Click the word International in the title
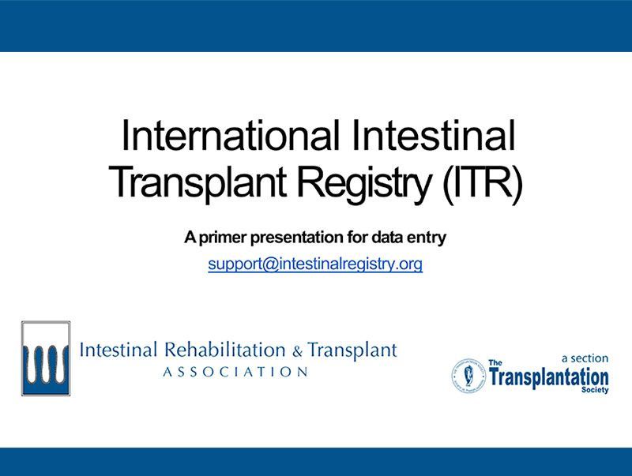230,135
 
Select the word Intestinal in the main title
433,135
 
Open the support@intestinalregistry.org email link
315,264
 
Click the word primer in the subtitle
223,238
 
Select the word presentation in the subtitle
297,238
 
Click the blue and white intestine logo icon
46,358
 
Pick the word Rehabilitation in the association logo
224,350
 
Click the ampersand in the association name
297,352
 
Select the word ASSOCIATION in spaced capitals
235,372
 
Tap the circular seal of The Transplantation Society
468,376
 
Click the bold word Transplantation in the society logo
549,378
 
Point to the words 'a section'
585,358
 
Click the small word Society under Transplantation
595,389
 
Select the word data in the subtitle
387,238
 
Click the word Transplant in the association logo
352,350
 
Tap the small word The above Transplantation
495,363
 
